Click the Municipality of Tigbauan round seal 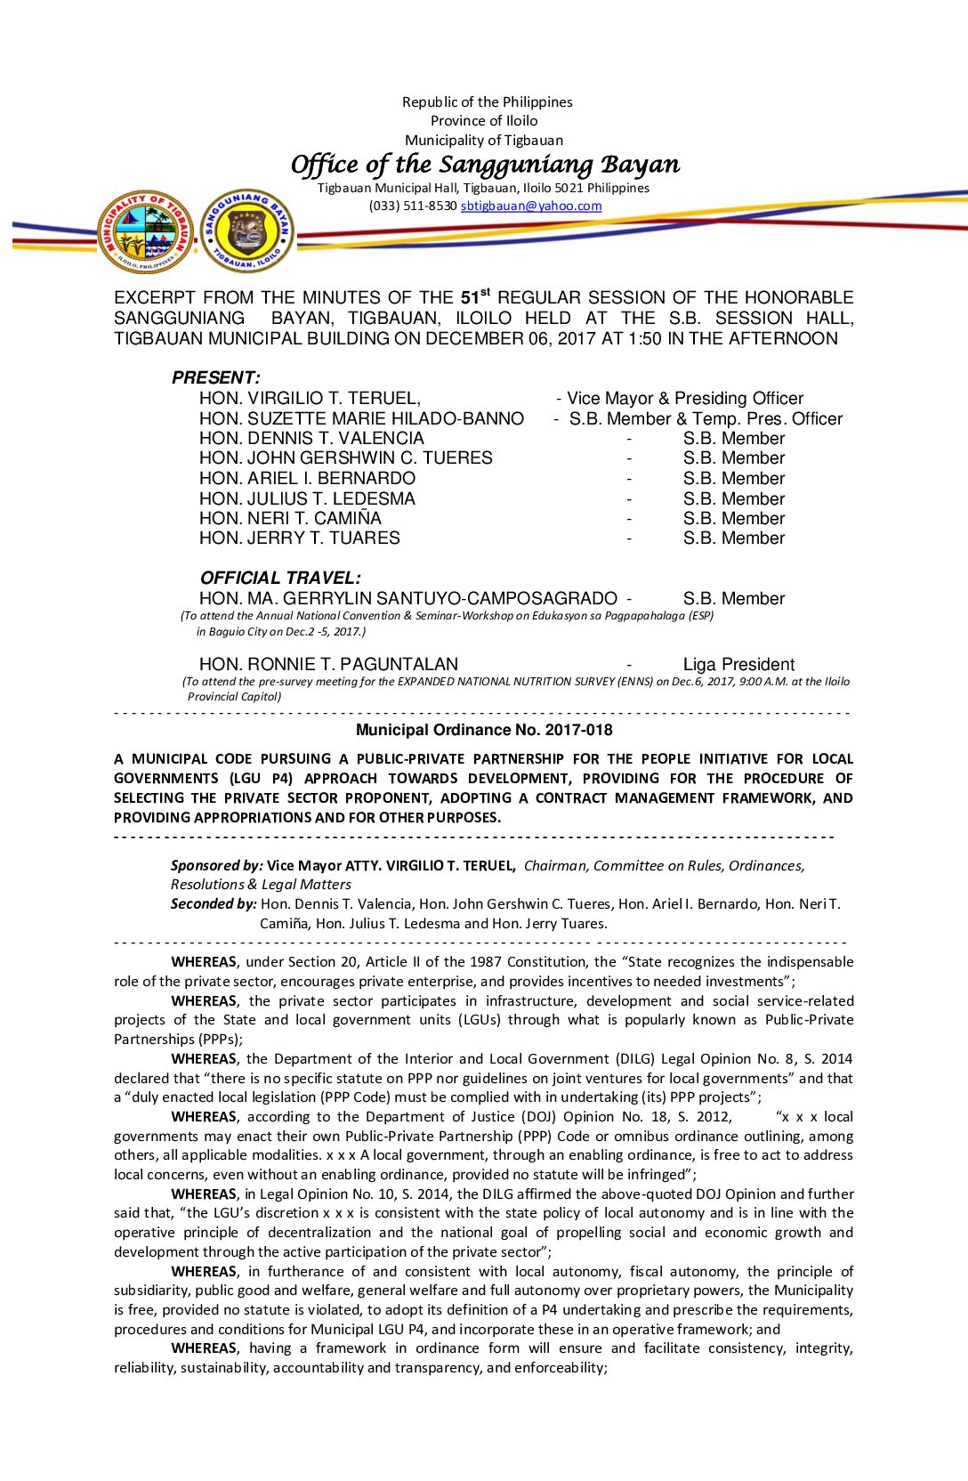[145, 231]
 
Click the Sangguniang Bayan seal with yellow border [246, 231]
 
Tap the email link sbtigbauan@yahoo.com [531, 206]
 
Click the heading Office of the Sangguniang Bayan [485, 165]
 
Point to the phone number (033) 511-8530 [413, 206]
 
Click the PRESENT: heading [215, 377]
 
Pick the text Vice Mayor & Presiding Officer [684, 398]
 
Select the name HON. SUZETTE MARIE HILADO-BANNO [361, 418]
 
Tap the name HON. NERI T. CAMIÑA [290, 518]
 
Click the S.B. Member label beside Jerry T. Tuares [734, 538]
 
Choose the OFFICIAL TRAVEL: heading [280, 578]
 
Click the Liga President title [738, 664]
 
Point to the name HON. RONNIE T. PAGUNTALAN [328, 664]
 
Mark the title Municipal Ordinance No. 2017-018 [484, 730]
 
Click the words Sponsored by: [216, 865]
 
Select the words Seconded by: [214, 904]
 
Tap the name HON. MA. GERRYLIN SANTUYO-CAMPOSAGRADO [407, 599]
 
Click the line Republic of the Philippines [487, 102]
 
